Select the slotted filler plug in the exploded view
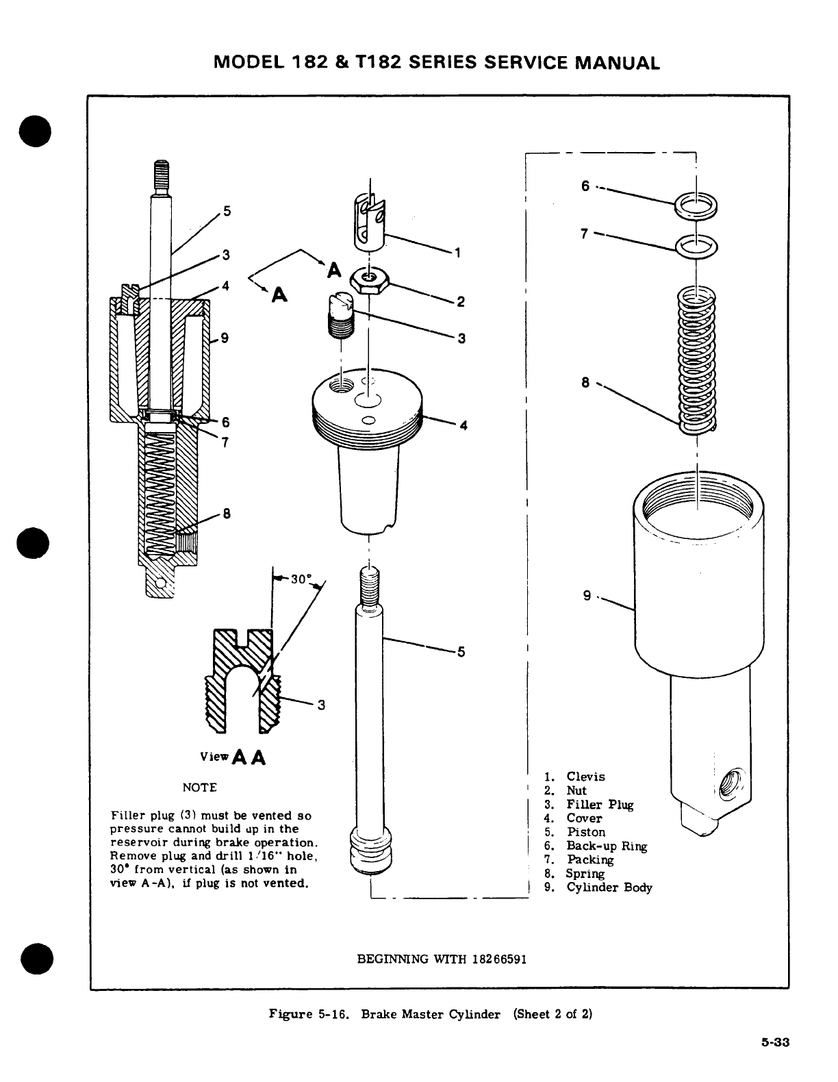[340, 316]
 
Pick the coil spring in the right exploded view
[696, 360]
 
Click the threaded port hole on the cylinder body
[731, 781]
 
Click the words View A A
[232, 758]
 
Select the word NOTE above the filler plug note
[199, 788]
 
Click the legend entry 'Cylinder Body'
[609, 888]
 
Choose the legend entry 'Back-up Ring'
[606, 846]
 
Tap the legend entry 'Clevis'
[585, 777]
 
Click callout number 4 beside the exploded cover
[464, 425]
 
